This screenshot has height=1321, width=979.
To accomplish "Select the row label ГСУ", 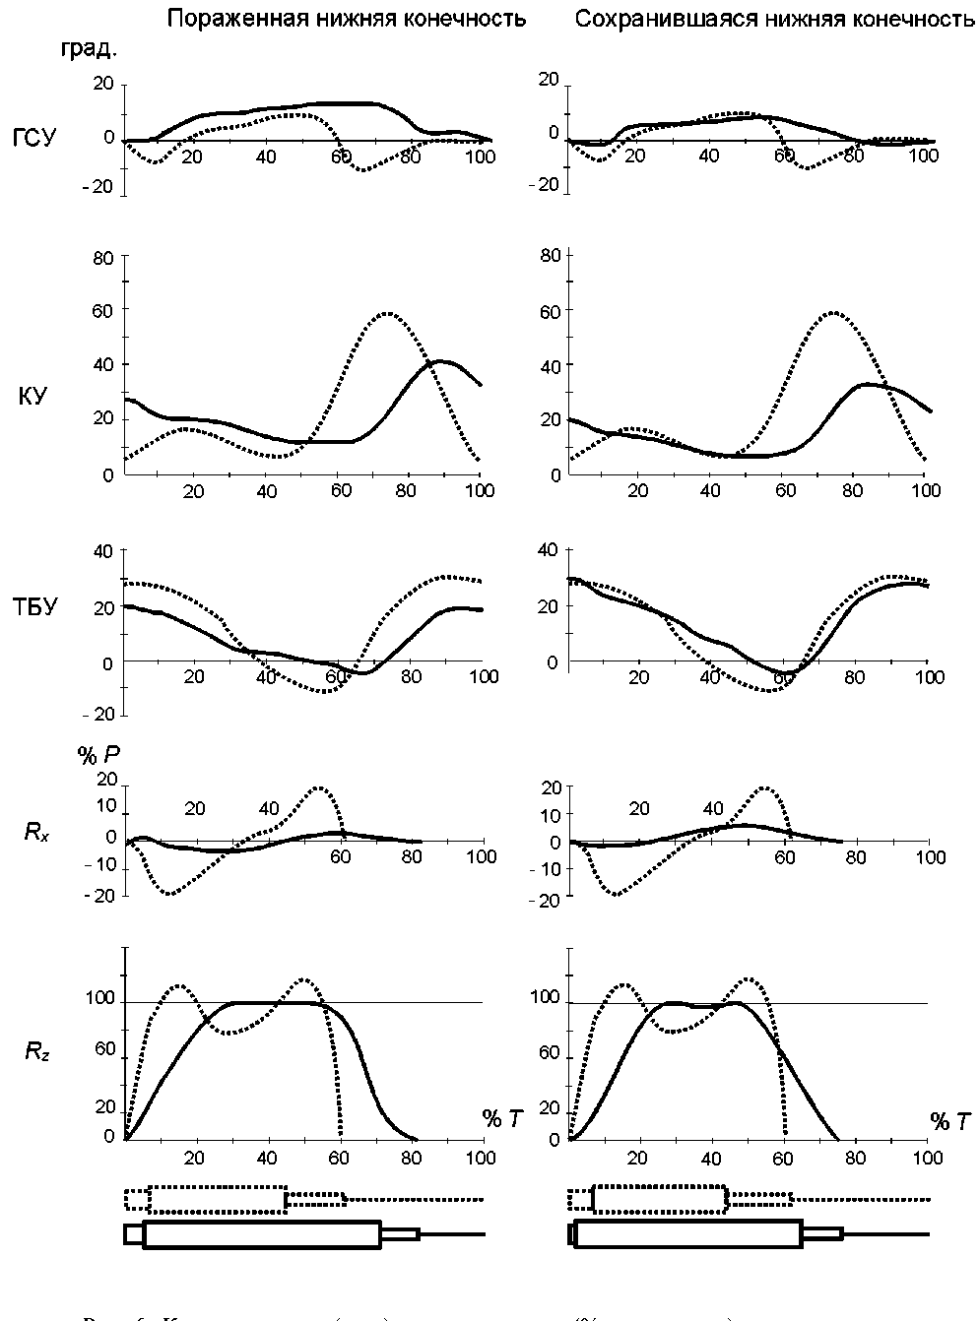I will tap(34, 137).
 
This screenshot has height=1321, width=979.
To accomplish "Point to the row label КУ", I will tap(32, 397).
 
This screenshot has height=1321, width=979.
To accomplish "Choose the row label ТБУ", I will tap(34, 606).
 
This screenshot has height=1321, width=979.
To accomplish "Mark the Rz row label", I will tap(36, 1052).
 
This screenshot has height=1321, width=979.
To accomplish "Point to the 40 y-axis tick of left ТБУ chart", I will tap(103, 551).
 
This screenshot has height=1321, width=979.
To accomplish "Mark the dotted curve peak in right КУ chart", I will tap(833, 312).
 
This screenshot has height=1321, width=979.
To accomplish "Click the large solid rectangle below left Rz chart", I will tap(262, 1234).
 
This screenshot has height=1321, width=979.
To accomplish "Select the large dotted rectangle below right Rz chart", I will tap(660, 1199).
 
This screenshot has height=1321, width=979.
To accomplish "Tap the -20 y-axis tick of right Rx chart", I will tap(548, 900).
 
